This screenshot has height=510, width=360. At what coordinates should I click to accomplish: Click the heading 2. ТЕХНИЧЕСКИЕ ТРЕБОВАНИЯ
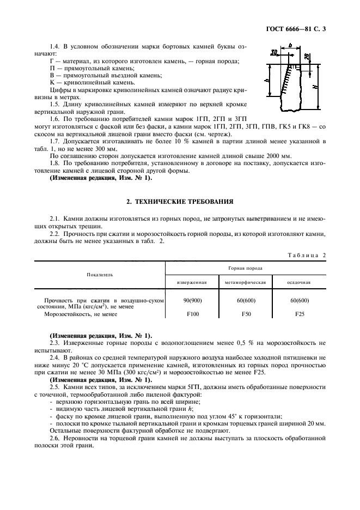[180, 202]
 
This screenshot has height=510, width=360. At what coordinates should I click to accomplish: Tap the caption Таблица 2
[306, 255]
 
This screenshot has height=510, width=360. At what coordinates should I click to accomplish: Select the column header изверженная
[192, 283]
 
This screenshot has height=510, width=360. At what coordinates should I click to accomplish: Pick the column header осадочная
[299, 283]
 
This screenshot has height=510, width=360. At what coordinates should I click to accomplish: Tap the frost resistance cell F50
[245, 314]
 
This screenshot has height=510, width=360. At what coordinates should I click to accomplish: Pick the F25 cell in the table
[299, 314]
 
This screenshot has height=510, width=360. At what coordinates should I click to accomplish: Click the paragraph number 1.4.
[55, 47]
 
